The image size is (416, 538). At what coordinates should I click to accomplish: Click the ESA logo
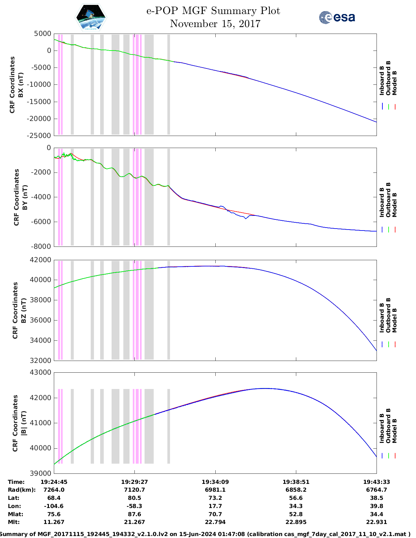pyautogui.click(x=337, y=17)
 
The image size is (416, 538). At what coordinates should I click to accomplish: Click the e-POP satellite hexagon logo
pyautogui.click(x=91, y=18)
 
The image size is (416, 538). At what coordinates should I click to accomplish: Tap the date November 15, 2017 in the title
pyautogui.click(x=215, y=24)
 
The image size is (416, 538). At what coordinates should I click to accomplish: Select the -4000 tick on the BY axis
pyautogui.click(x=42, y=197)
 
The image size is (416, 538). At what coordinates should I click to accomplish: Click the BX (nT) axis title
pyautogui.click(x=21, y=85)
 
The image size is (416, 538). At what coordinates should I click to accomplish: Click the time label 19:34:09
pyautogui.click(x=215, y=482)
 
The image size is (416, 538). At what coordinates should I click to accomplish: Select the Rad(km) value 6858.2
pyautogui.click(x=296, y=490)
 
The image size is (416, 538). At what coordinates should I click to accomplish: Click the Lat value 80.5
pyautogui.click(x=134, y=498)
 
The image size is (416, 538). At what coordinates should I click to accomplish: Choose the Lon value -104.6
pyautogui.click(x=54, y=506)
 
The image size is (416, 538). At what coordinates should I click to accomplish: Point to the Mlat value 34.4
pyautogui.click(x=377, y=514)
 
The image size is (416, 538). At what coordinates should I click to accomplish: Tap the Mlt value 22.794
pyautogui.click(x=215, y=522)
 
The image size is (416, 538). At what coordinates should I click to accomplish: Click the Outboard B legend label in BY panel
pyautogui.click(x=388, y=200)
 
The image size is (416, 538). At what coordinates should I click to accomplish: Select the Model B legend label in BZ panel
pyautogui.click(x=394, y=320)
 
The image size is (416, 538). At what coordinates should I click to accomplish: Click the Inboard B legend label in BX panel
pyautogui.click(x=382, y=81)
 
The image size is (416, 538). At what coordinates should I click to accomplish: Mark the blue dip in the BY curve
pyautogui.click(x=246, y=218)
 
